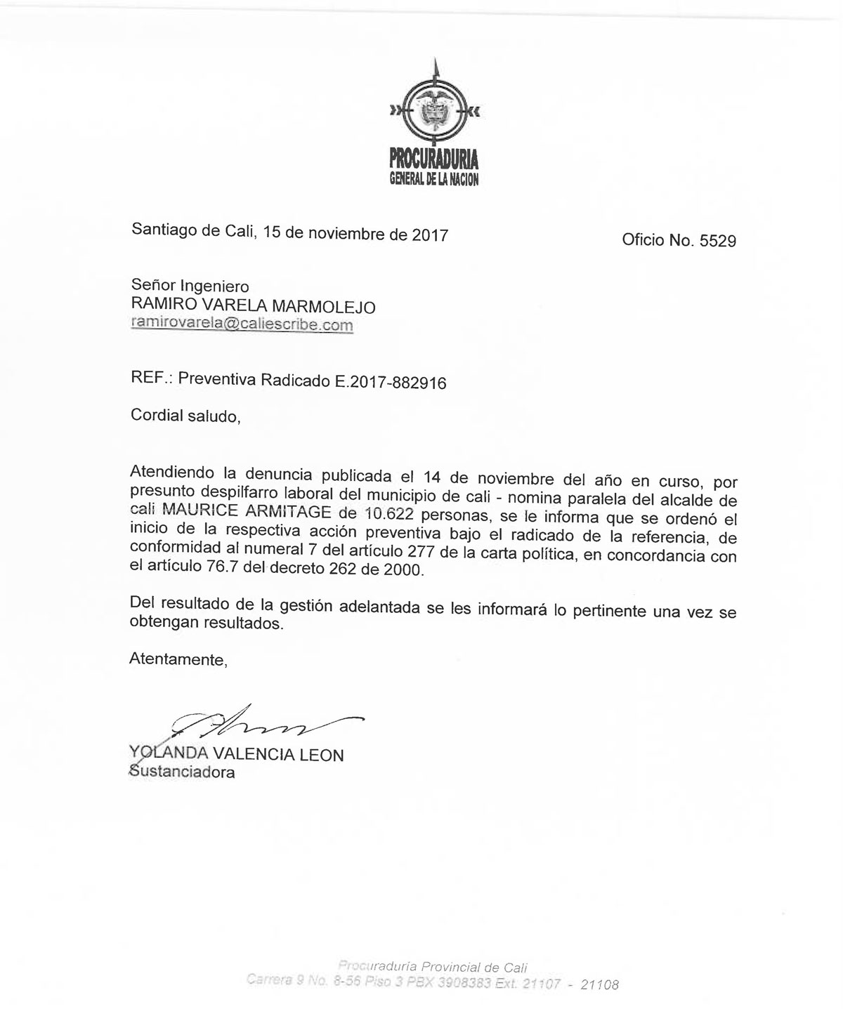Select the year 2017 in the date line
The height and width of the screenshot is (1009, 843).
coord(430,235)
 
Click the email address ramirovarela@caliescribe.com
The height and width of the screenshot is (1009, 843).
coord(242,324)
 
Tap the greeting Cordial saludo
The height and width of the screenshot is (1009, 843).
coord(185,416)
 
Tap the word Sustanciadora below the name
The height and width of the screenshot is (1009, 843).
coord(182,772)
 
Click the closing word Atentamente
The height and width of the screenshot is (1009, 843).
coord(178,660)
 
